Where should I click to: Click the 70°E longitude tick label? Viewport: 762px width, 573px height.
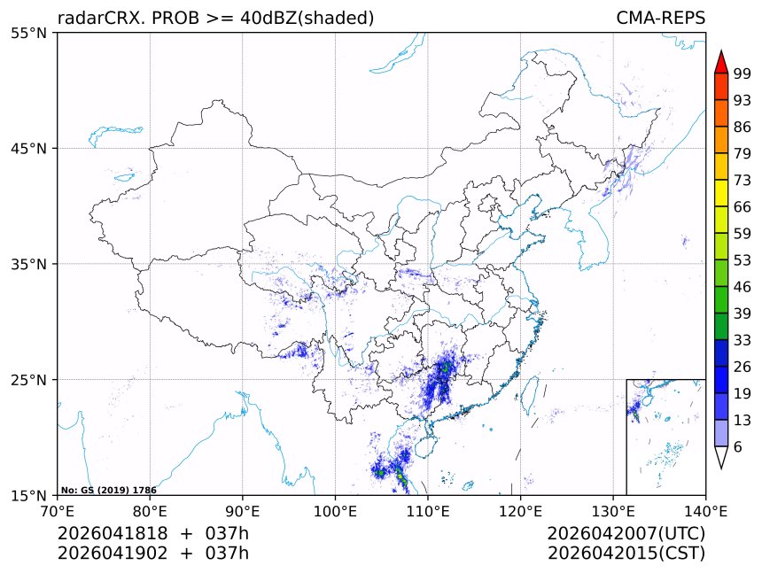coord(58,510)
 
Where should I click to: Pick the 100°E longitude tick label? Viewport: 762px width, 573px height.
coord(335,510)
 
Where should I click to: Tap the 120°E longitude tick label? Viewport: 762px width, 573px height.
coord(520,510)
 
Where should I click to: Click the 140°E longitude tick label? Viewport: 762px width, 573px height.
coord(705,510)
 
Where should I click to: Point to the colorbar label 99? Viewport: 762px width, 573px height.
coord(742,74)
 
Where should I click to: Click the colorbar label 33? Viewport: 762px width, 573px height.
coord(742,340)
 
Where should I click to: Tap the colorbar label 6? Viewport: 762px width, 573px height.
coord(737,446)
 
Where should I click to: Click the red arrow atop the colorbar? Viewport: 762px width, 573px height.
coord(721,62)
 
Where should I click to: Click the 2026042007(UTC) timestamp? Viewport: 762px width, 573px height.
coord(626,533)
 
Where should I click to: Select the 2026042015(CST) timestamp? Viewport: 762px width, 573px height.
coord(626,554)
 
